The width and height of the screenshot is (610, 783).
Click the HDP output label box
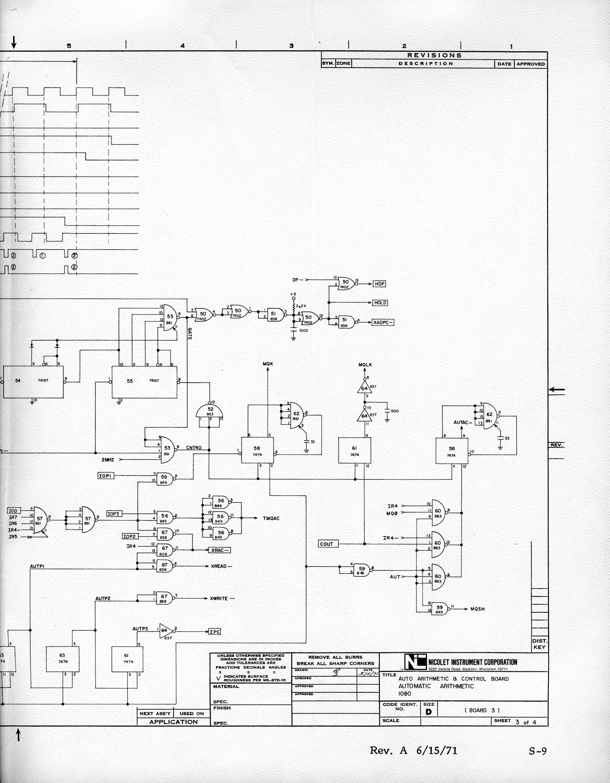point(379,284)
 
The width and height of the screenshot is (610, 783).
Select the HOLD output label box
point(380,303)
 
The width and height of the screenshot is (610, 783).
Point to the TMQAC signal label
point(271,518)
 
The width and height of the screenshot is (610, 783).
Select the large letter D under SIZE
point(429,712)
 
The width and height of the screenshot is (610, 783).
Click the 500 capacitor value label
point(394,411)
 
